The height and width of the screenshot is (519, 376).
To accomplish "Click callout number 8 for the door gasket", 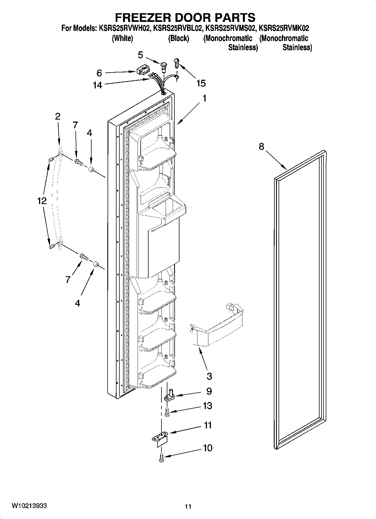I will click(261, 146).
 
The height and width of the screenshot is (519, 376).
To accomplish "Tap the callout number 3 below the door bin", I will click(209, 376).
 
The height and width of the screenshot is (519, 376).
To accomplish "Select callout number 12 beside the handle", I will click(42, 201).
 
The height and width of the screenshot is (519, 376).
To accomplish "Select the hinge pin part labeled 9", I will click(170, 396).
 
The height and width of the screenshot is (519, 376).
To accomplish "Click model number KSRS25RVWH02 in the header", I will click(122, 28).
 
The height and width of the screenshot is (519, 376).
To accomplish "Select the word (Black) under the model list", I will click(179, 38).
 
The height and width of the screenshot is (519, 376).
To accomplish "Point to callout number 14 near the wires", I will click(97, 85).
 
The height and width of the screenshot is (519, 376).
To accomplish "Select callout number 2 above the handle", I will click(58, 116).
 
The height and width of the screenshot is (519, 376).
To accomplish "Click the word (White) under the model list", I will click(122, 38).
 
